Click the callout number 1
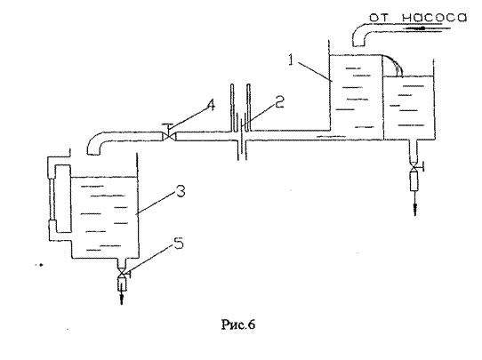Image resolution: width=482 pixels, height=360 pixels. pos(291,60)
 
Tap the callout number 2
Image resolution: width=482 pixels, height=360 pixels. pos(279,101)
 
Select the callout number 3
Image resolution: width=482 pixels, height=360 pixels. pos(181,192)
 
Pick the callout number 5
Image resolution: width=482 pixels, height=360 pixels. pos(179,244)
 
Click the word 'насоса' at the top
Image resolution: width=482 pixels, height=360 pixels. pos(434,18)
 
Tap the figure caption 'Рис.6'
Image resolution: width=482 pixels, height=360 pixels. pos(238,324)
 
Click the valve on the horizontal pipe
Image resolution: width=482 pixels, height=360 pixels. pos(169,134)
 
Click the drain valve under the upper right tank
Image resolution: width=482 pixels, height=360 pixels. pos(415,166)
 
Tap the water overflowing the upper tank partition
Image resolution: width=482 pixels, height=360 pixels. pos(393,66)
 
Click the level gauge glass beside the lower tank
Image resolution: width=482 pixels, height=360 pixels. pos(52,199)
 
